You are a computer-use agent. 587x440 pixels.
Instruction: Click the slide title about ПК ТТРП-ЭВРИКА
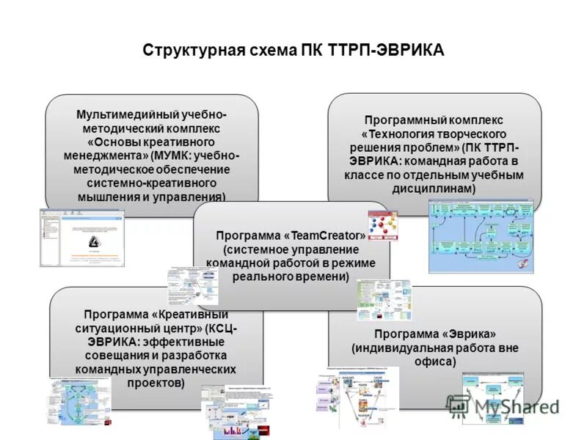coord(293,51)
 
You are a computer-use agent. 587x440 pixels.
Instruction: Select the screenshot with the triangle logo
coord(82,238)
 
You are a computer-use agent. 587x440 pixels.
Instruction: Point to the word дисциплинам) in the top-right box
coord(434,188)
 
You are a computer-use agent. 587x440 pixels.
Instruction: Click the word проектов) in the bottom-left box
coord(150,383)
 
